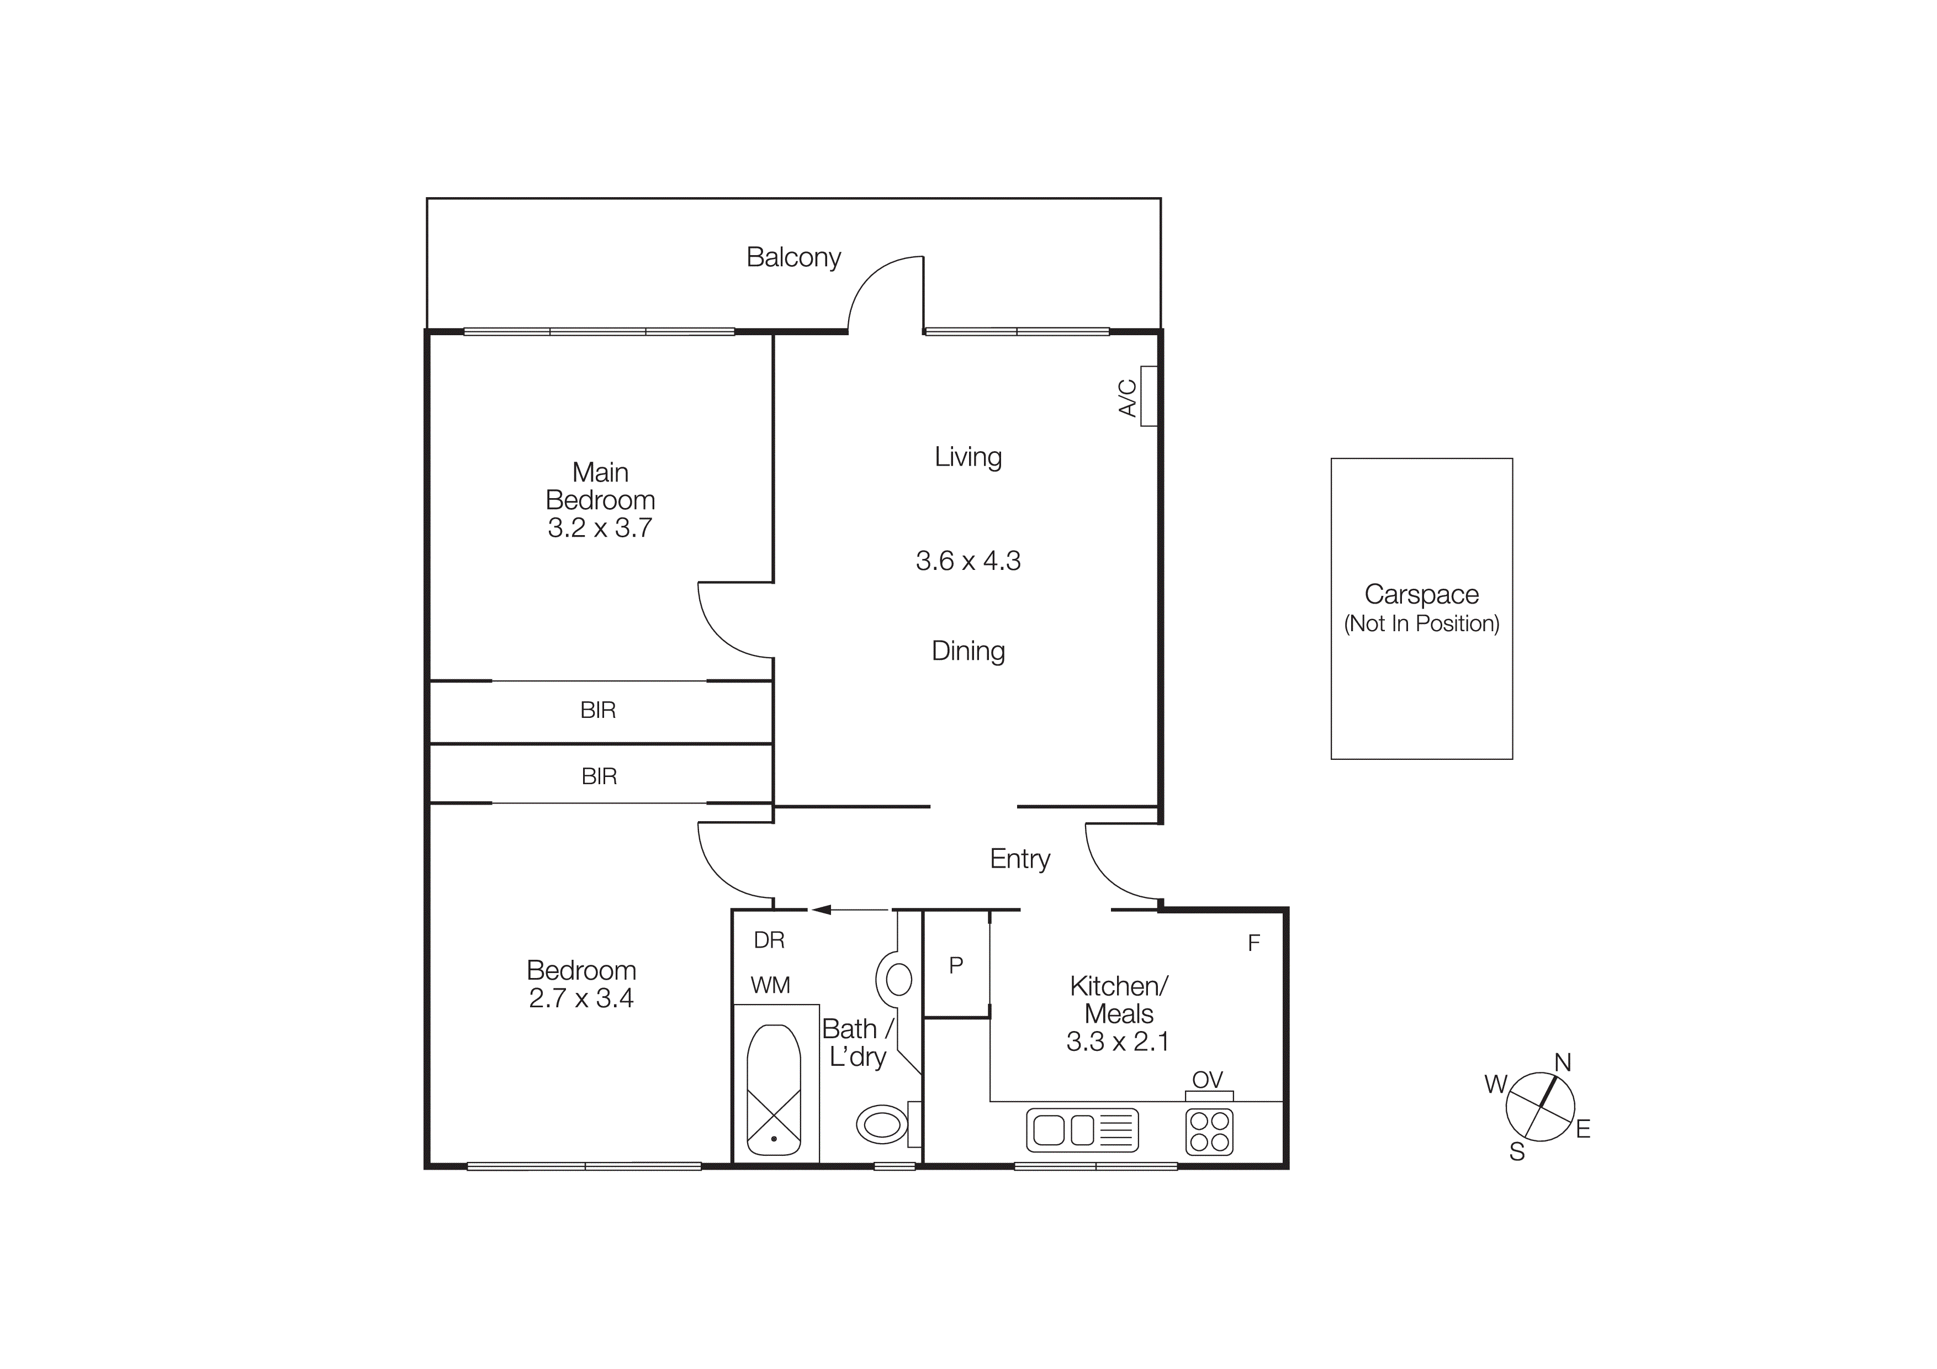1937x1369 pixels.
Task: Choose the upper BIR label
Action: pyautogui.click(x=598, y=710)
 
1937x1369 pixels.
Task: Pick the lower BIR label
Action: pyautogui.click(x=599, y=776)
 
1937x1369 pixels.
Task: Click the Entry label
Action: pyautogui.click(x=1019, y=859)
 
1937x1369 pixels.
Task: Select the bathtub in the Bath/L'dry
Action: pyautogui.click(x=774, y=1089)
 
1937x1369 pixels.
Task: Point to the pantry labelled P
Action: pyautogui.click(x=956, y=965)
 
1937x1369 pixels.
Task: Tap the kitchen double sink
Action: pyautogui.click(x=1082, y=1130)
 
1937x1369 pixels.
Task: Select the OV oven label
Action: pyautogui.click(x=1207, y=1079)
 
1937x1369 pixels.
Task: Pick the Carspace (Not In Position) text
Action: pyautogui.click(x=1421, y=608)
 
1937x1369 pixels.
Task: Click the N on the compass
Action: pyautogui.click(x=1563, y=1062)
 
